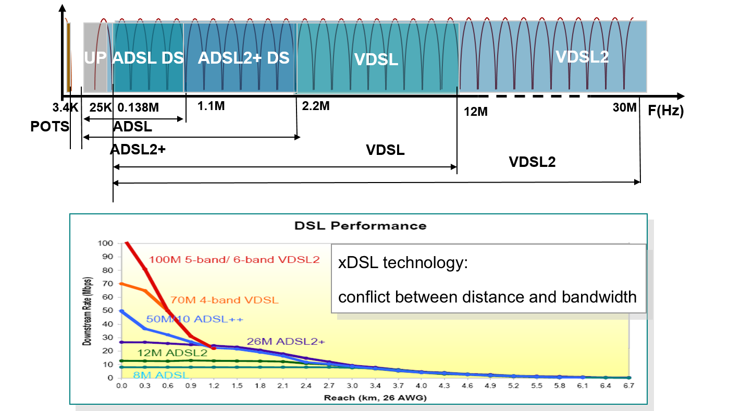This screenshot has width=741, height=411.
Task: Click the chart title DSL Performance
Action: [360, 226]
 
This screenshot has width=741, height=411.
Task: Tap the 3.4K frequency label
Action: [65, 108]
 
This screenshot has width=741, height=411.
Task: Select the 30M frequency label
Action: [624, 108]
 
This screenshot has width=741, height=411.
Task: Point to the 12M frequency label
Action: [475, 111]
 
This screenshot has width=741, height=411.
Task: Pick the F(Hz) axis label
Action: [666, 111]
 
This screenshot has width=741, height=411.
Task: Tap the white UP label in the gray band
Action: [95, 58]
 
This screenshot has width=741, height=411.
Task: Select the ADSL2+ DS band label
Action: [243, 57]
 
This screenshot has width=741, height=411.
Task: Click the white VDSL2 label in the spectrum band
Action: [582, 57]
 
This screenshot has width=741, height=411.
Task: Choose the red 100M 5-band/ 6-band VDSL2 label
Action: [234, 259]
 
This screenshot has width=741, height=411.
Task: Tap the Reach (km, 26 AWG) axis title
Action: [375, 397]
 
